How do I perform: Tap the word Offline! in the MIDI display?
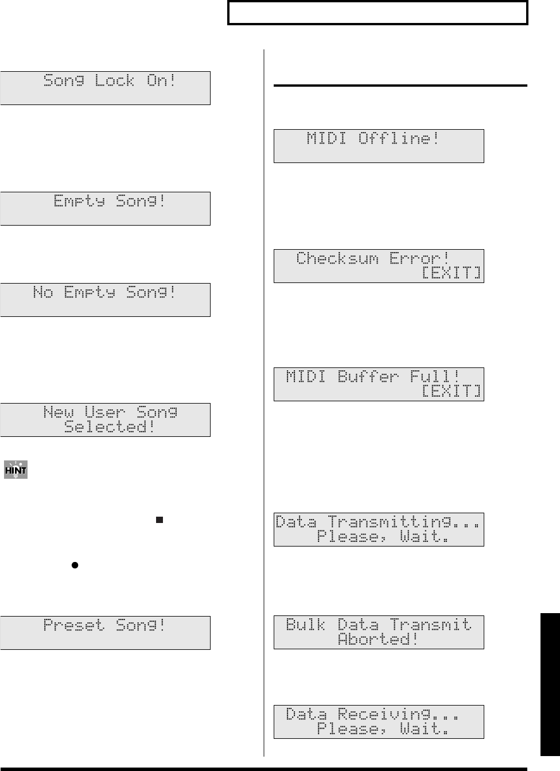click(399, 138)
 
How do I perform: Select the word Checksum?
click(337, 258)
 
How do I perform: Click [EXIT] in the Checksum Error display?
click(452, 272)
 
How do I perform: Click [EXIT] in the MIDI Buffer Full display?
click(452, 391)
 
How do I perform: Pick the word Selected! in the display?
click(110, 427)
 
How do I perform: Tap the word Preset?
click(74, 625)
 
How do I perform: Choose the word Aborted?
click(378, 639)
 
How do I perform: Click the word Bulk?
click(306, 625)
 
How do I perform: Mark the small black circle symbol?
click(75, 565)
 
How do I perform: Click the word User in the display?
click(105, 412)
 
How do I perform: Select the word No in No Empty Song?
click(43, 293)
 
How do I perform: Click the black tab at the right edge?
click(550, 683)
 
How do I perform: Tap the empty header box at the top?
click(378, 13)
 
